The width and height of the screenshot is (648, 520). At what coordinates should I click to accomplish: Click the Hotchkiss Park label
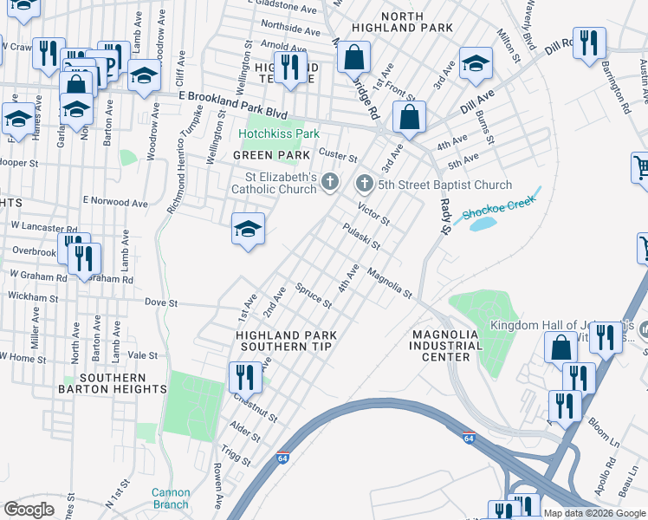click(279, 134)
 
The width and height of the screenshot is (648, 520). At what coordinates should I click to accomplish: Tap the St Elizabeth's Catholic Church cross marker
click(329, 181)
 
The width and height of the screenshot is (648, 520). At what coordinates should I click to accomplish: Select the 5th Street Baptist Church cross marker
click(365, 184)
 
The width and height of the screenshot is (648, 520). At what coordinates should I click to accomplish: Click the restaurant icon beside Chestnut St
click(245, 376)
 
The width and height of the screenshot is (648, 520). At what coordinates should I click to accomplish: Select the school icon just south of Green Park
click(247, 229)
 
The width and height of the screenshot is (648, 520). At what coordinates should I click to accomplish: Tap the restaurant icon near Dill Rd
click(589, 42)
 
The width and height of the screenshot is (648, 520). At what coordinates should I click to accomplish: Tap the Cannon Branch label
click(171, 498)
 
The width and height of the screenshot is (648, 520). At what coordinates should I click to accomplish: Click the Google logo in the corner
click(29, 510)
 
